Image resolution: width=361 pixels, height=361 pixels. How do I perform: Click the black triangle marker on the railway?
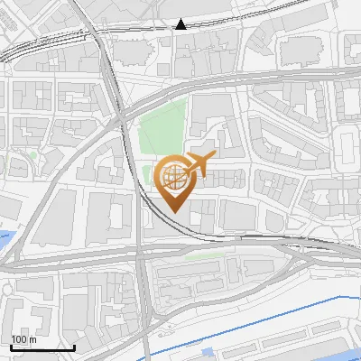pyautogui.click(x=181, y=24)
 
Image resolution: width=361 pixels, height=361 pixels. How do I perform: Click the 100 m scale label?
pyautogui.click(x=23, y=339)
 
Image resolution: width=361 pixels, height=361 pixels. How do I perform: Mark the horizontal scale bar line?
pyautogui.click(x=42, y=347)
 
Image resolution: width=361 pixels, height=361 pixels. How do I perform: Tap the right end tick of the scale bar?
pyautogui.click(x=74, y=346)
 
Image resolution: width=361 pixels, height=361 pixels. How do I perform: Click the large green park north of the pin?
pyautogui.click(x=162, y=126)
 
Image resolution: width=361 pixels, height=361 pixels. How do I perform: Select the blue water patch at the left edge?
pyautogui.click(x=6, y=241)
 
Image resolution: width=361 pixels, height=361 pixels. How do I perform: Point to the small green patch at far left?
pyautogui.click(x=33, y=155)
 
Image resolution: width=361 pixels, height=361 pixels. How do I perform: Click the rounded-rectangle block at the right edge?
pyautogui.click(x=347, y=144)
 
